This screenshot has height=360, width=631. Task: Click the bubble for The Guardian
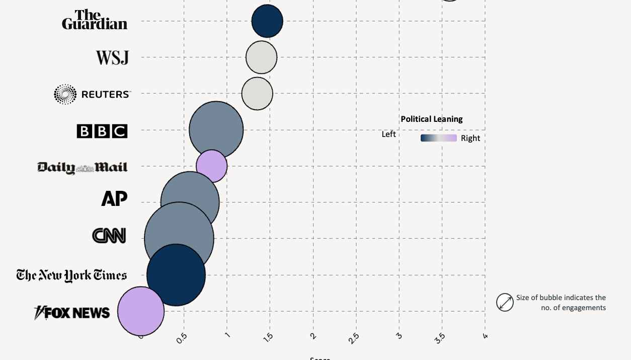(267, 21)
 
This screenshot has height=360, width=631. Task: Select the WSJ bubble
(261, 57)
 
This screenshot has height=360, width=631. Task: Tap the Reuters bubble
(257, 93)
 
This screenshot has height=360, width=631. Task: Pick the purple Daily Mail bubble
(212, 165)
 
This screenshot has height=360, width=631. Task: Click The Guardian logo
(95, 20)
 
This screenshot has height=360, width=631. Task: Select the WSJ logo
(112, 57)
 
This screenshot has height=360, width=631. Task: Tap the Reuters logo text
(105, 94)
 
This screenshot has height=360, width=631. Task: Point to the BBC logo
(102, 131)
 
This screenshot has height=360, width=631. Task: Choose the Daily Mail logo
(83, 167)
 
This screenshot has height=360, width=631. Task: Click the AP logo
(114, 199)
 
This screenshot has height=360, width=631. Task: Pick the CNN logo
(109, 236)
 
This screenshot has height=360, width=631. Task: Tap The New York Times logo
(71, 275)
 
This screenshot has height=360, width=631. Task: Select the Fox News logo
(72, 313)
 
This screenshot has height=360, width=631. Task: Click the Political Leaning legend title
(431, 119)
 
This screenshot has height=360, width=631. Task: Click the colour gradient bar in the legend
(438, 138)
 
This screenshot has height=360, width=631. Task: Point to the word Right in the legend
(470, 138)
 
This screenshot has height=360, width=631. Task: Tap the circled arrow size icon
(505, 303)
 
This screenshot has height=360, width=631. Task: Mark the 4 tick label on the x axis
(485, 336)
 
